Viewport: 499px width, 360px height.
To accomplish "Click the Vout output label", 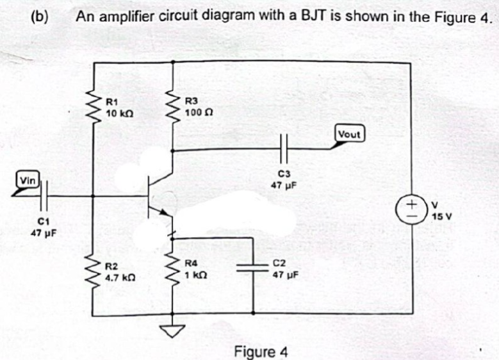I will click(x=350, y=135).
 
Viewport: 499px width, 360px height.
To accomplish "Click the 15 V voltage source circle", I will click(x=411, y=209).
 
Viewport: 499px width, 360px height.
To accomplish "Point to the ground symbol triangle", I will click(x=172, y=330).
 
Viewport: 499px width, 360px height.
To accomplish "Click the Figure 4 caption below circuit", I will click(x=261, y=352).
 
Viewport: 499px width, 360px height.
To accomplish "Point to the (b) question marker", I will click(x=40, y=16).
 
